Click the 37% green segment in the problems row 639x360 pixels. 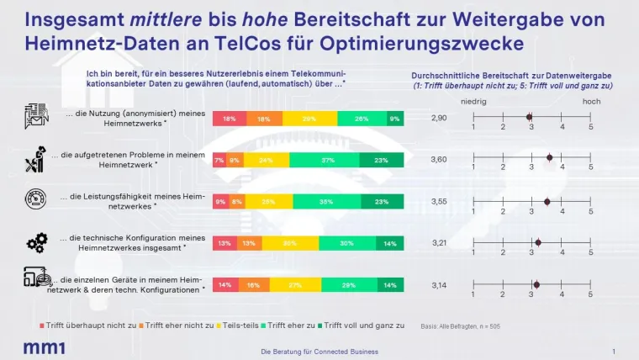325,161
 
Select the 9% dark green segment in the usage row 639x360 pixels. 394,119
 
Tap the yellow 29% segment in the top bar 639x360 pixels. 309,119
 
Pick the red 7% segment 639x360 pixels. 218,161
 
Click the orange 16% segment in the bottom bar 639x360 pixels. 253,285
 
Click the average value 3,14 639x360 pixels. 439,285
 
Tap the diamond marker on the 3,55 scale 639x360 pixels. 547,202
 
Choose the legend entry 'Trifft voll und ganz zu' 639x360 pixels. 364,325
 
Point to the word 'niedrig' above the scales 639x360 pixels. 473,101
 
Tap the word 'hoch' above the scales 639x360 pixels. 591,101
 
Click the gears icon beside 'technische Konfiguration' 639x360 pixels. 37,244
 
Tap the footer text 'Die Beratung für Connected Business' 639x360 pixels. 319,351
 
